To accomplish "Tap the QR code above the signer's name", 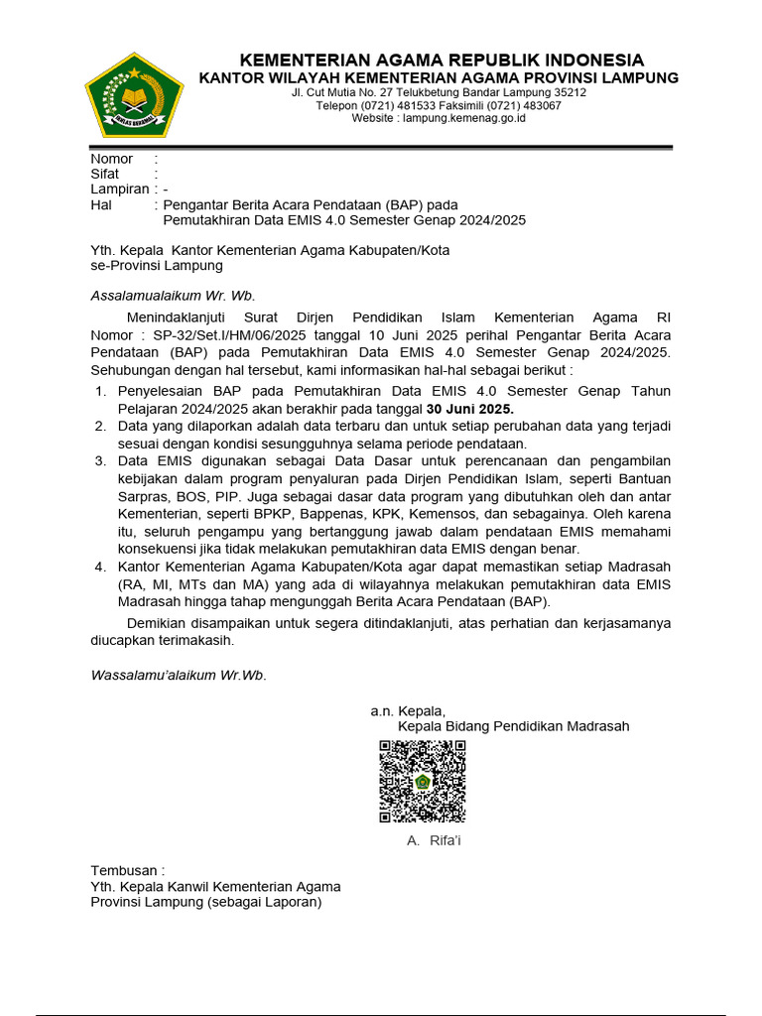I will coord(423,781).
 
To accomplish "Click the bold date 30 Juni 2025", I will coord(470,409).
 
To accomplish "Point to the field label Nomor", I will coord(112,159).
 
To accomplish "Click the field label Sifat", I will coord(105,174).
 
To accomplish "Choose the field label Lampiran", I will coord(120,189).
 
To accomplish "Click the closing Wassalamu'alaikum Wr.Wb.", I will coord(179,675).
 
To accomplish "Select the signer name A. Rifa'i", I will coord(434,840).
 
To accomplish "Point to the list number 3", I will coord(100,460).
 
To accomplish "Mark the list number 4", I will coord(100,566).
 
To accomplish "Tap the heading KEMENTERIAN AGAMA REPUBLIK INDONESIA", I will coord(442,60).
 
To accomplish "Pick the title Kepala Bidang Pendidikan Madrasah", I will coord(513,726).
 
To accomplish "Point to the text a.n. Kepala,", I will coord(408,710).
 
